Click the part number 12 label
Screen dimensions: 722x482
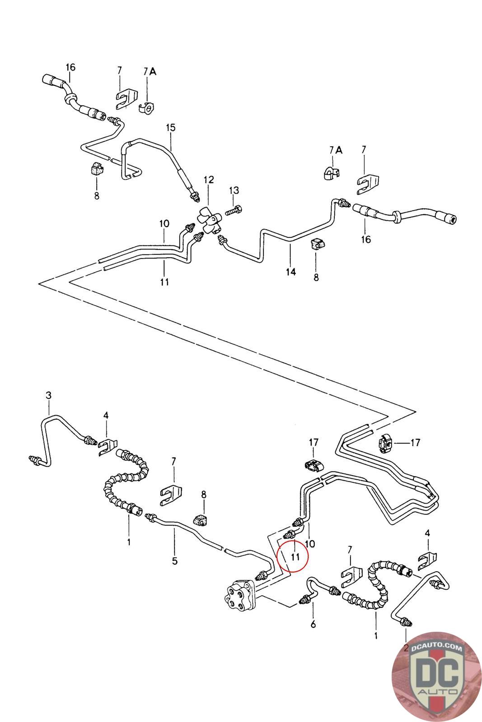tap(208, 180)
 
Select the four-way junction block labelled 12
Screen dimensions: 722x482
tap(209, 221)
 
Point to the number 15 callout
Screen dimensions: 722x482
tap(170, 128)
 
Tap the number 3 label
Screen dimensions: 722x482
tap(49, 396)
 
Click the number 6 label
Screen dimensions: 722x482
tap(313, 625)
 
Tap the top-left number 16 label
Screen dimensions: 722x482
tap(70, 68)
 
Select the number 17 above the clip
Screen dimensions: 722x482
tap(314, 443)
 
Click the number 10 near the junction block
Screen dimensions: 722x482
tap(164, 223)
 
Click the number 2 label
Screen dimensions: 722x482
tap(405, 648)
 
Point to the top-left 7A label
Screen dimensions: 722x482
tap(150, 71)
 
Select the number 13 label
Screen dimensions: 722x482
tap(234, 190)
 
